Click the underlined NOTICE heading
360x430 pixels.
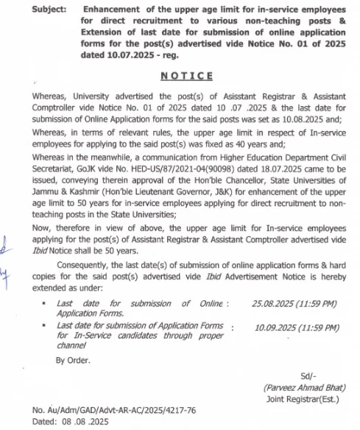(187, 76)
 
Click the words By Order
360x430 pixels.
(72, 361)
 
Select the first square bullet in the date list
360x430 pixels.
(45, 303)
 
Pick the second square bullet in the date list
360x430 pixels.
(45, 325)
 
